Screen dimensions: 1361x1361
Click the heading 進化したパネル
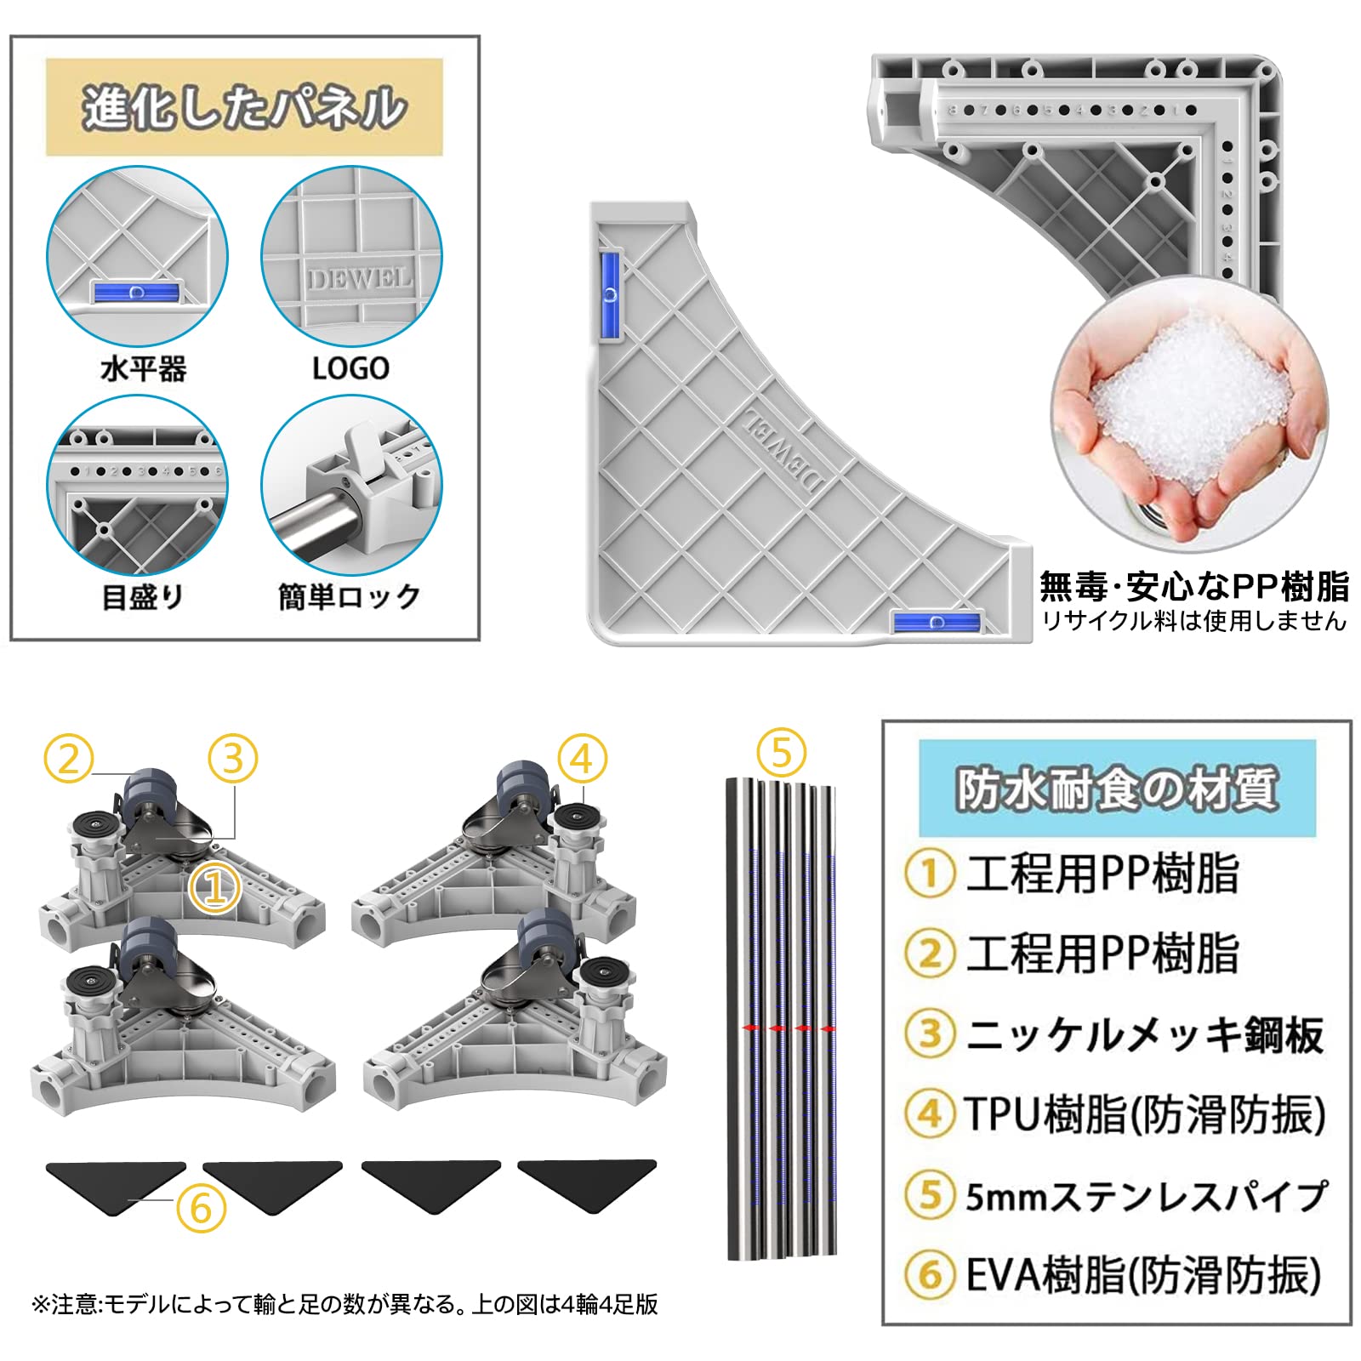point(244,108)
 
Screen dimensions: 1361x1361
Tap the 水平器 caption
point(143,368)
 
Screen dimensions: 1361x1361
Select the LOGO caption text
point(350,368)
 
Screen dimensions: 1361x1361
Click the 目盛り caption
point(143,596)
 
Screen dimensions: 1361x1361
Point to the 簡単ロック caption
point(349,596)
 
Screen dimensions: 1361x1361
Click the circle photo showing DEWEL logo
point(351,256)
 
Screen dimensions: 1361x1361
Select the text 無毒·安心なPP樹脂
point(1194,587)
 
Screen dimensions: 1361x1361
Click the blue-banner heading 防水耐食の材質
point(1117,789)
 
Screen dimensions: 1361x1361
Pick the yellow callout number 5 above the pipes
point(782,752)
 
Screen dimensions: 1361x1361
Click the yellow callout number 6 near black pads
point(201,1208)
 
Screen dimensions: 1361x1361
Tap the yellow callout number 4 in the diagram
point(583,759)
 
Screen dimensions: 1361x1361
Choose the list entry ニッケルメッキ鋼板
point(1145,1035)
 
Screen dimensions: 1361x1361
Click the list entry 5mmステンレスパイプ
point(1146,1196)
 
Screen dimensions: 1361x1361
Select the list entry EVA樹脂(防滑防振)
point(1143,1275)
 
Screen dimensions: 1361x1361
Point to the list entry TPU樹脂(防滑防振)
point(1145,1114)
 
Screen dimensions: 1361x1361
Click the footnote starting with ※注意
point(345,1304)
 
